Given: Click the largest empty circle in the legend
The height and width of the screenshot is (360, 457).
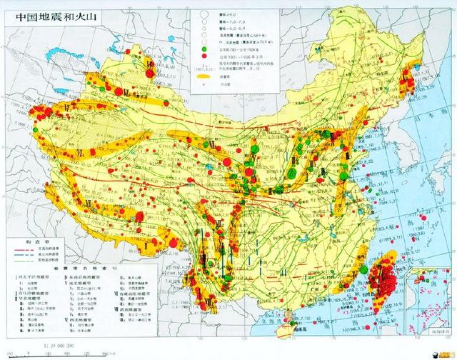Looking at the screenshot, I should [204, 13].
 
